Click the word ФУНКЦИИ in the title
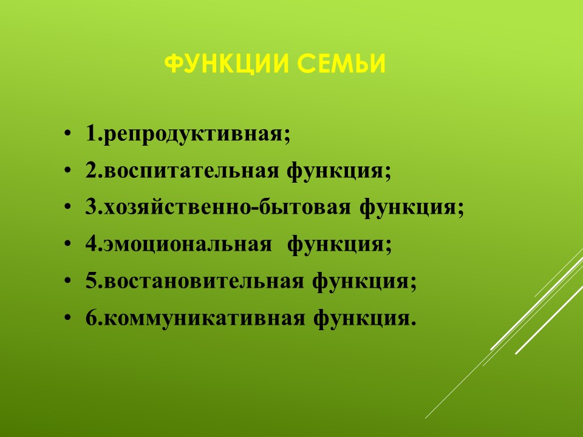[227, 64]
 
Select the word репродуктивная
[193, 135]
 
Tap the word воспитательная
[191, 172]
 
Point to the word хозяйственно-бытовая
[227, 208]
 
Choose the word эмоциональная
[188, 245]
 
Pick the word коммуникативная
[204, 319]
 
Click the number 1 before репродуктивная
[91, 133]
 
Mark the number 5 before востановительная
[92, 280]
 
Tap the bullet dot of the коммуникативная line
[67, 318]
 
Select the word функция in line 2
[335, 172]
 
